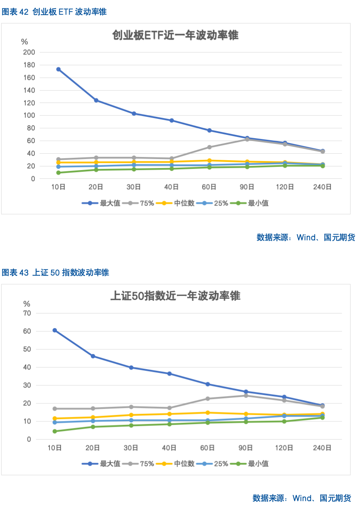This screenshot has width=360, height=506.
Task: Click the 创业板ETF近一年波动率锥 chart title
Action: click(175, 36)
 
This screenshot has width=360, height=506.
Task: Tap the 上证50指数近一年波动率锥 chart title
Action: click(175, 296)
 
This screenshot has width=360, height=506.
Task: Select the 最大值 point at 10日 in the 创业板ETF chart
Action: click(59, 69)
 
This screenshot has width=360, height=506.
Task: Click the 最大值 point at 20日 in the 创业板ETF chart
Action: click(96, 100)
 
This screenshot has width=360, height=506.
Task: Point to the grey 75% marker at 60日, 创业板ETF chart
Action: click(209, 147)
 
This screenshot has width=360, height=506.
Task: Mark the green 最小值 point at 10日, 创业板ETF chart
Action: click(59, 172)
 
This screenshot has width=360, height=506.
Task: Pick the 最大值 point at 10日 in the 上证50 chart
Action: click(55, 330)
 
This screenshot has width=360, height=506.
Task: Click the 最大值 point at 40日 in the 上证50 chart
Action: click(169, 374)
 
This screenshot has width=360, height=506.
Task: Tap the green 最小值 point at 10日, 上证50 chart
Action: click(55, 431)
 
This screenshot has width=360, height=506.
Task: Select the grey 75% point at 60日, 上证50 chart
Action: click(207, 399)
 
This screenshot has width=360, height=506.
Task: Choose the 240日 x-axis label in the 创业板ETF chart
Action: click(322, 187)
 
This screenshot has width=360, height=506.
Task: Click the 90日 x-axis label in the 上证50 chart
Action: click(245, 448)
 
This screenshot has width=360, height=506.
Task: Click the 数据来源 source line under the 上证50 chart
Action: click(301, 498)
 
